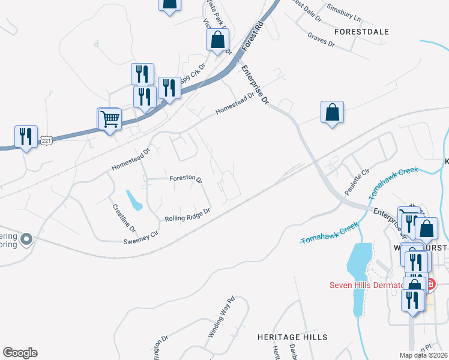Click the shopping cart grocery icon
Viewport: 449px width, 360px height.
tap(109, 119)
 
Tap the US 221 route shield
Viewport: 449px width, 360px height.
tap(47, 140)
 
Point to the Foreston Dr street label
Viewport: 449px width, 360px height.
tap(185, 178)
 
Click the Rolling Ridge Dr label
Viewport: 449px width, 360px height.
tap(187, 214)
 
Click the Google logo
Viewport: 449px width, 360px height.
tap(20, 353)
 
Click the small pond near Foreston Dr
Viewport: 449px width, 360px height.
tap(134, 200)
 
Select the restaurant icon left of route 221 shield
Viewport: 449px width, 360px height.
tap(26, 137)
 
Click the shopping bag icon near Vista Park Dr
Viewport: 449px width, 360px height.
tap(217, 40)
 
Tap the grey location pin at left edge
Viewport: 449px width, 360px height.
tap(26, 240)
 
